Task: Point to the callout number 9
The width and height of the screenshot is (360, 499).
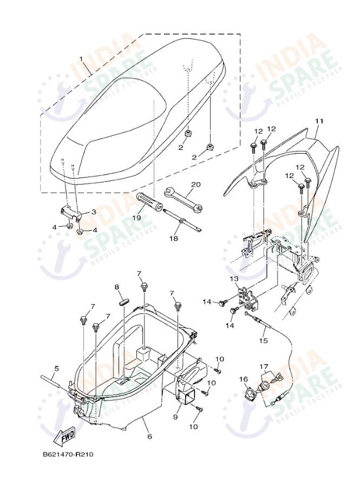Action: tap(175, 417)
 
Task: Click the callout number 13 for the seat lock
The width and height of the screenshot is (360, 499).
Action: tap(233, 279)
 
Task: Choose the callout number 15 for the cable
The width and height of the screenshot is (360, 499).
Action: tap(263, 340)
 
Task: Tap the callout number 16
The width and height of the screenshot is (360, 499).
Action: tap(243, 379)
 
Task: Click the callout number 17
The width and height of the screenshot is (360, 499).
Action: tap(264, 366)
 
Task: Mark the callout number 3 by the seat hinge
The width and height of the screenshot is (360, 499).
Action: tap(93, 212)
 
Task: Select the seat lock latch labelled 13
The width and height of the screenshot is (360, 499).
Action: tap(248, 296)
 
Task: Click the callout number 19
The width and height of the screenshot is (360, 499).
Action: tap(136, 218)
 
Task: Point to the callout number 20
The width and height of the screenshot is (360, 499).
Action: tap(195, 184)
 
